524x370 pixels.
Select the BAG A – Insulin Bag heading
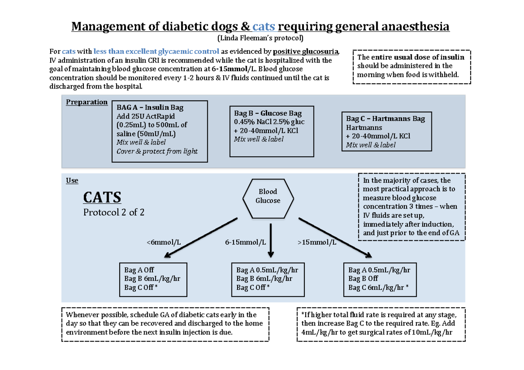tap(150, 107)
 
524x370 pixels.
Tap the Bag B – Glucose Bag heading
tap(268, 113)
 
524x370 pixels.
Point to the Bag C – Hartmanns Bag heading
tap(386, 119)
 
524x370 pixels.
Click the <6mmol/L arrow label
tap(165, 243)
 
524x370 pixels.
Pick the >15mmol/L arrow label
tap(317, 243)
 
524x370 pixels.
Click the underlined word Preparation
tap(86, 102)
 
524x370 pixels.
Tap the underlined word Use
tap(72, 181)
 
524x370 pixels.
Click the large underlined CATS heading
tap(102, 197)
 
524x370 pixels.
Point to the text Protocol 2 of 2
tap(114, 212)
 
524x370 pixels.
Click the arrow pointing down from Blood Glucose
tap(271, 240)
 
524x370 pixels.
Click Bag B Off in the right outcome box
tap(363, 278)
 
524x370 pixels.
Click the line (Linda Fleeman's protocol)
tap(260, 38)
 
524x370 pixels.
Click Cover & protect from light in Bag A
tap(157, 151)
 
